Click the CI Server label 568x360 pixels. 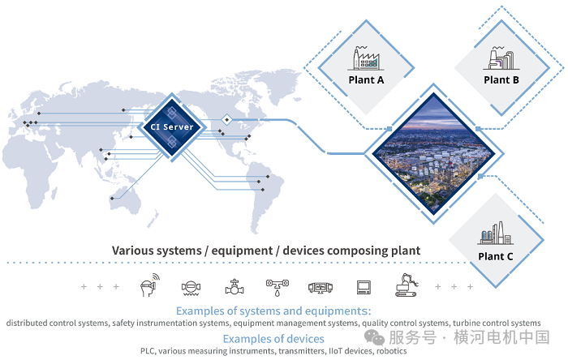tap(172, 127)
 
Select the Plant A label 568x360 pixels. tap(366, 80)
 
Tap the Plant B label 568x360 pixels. tap(501, 80)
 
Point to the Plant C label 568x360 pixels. tap(496, 256)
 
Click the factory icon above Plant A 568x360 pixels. tap(366, 58)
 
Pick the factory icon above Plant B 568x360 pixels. tap(501, 58)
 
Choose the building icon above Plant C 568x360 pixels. tap(495, 234)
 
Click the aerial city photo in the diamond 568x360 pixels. tap(433, 153)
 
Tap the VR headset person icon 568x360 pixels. tap(150, 285)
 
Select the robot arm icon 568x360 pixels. tap(407, 285)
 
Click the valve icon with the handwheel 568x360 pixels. tap(235, 287)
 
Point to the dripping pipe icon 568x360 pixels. tap(278, 287)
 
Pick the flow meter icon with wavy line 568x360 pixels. tap(191, 288)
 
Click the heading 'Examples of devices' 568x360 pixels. tap(273, 339)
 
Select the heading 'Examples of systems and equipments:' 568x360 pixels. tap(273, 311)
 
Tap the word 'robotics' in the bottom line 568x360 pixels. tap(392, 351)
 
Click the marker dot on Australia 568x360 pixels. tap(112, 199)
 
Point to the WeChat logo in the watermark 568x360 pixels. tap(374, 337)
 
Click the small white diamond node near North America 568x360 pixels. tap(226, 119)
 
